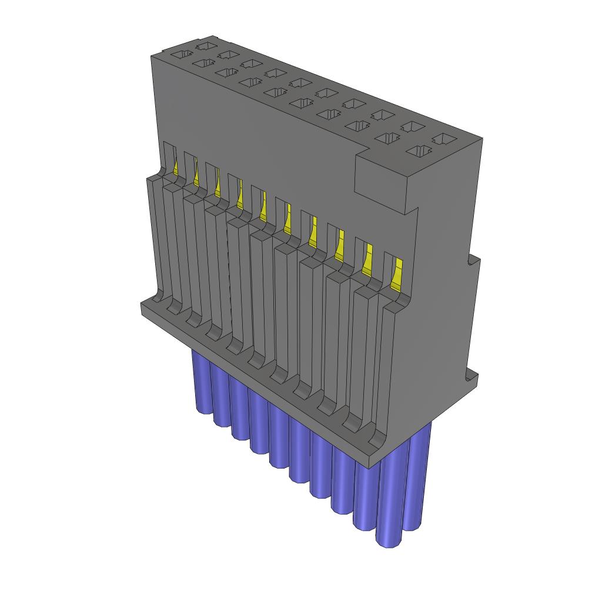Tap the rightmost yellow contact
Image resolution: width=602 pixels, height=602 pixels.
tap(397, 273)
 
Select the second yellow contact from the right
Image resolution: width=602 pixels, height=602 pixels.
tap(368, 259)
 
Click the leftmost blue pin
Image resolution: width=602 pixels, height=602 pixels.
tap(202, 382)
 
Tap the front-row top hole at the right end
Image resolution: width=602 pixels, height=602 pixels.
tap(419, 152)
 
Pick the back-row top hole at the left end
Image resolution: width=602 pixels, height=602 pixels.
tap(205, 45)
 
